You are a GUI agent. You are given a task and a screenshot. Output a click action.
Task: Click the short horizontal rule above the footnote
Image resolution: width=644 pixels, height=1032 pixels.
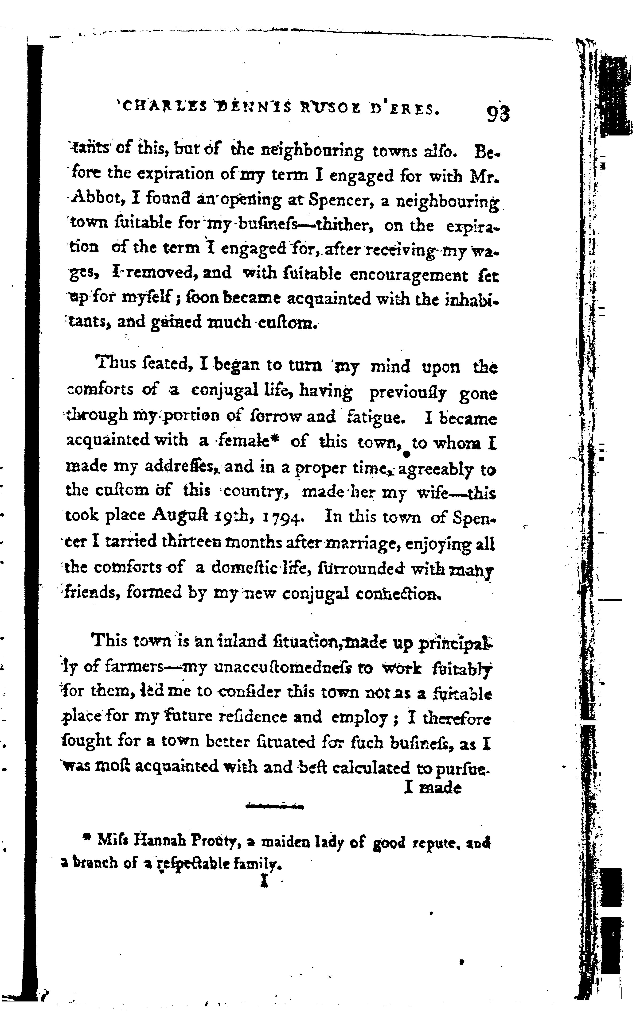(275, 806)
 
